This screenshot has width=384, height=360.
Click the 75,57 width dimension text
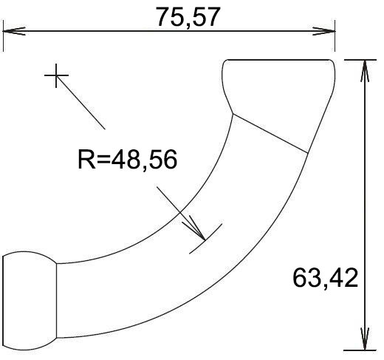click(x=188, y=17)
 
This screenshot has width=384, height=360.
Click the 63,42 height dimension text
click(x=325, y=278)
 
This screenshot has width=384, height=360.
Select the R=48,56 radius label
click(x=127, y=159)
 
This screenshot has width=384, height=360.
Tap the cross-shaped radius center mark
click(x=56, y=75)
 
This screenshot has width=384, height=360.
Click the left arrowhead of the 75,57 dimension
click(x=13, y=31)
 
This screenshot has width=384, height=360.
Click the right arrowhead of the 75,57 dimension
click(x=324, y=31)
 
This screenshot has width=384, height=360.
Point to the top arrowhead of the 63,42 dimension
click(x=365, y=71)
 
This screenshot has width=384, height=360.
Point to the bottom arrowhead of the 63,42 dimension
click(x=365, y=339)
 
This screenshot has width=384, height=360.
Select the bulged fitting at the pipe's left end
click(x=30, y=301)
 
